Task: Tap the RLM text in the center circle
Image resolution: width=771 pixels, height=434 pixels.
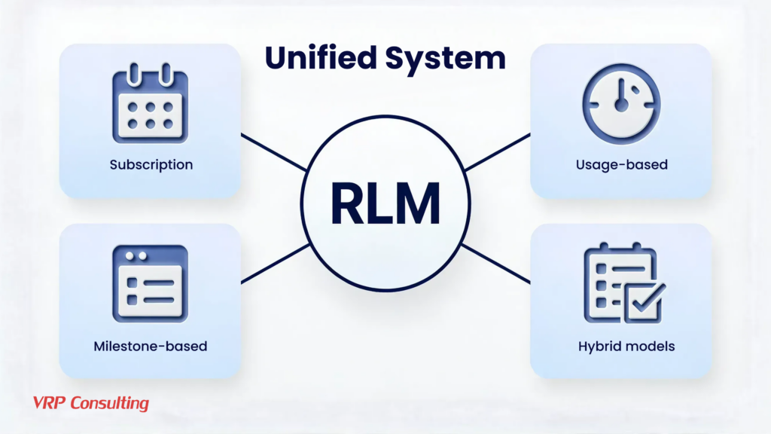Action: coord(385,202)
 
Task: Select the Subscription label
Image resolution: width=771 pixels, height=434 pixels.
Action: coord(151,164)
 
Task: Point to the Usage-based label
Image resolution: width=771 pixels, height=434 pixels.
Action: coord(621,164)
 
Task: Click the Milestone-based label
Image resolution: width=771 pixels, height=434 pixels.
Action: coord(151,347)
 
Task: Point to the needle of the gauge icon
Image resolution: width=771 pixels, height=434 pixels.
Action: coord(621,96)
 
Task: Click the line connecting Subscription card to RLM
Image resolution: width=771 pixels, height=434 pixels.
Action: coord(273,152)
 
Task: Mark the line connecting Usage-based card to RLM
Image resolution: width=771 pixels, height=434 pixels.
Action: coord(498,152)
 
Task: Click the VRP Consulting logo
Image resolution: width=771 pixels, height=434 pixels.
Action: coord(91,403)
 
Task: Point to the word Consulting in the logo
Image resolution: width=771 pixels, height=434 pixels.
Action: coord(109,403)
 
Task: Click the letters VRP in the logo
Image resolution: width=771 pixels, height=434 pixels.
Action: coord(50,403)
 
